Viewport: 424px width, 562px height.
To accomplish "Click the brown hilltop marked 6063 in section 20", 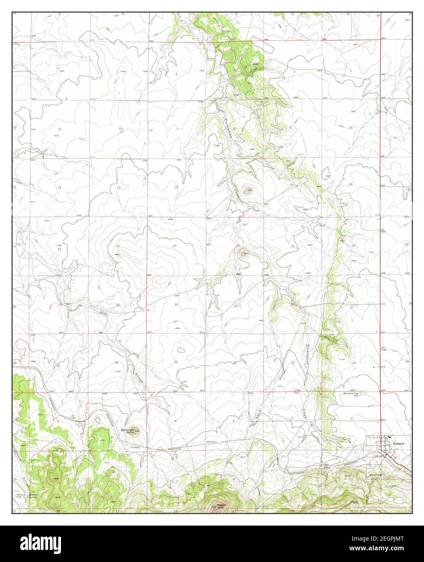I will click(243, 254).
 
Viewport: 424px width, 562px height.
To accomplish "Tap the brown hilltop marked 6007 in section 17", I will click(248, 190).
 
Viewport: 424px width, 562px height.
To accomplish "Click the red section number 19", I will click(174, 246).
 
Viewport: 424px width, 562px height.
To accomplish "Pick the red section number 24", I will click(118, 246).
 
